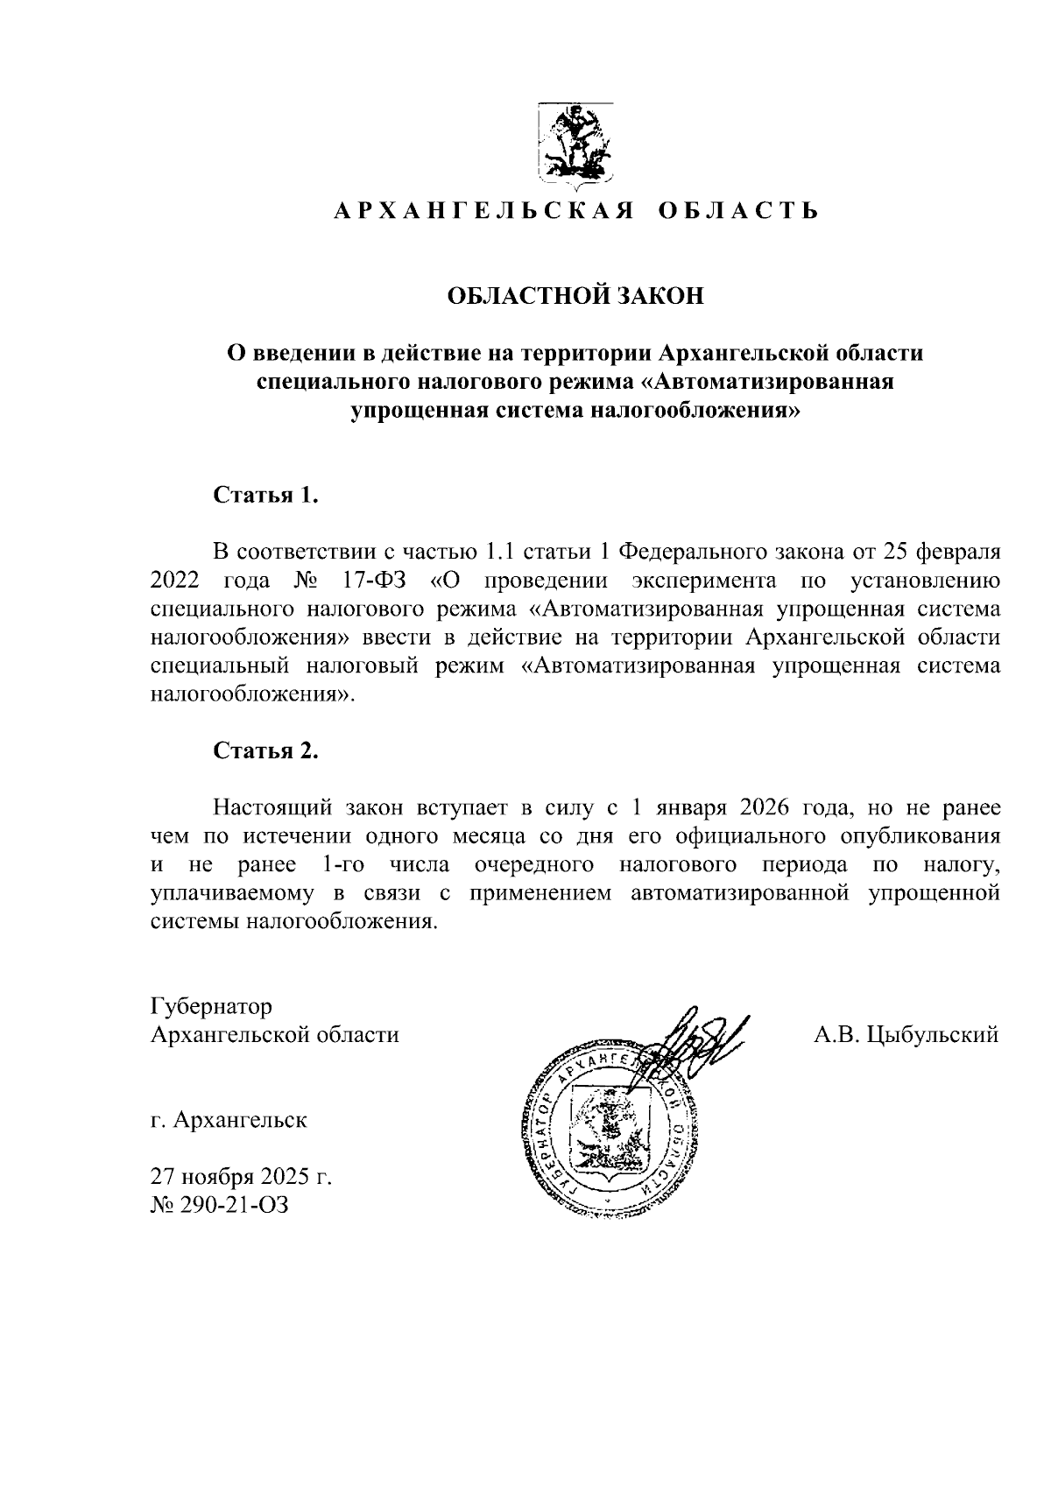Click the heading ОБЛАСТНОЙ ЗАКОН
point(575,296)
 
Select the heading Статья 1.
point(265,496)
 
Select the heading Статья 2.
point(265,750)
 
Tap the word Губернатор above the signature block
point(212,1006)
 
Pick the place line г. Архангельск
point(229,1121)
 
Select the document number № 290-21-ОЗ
point(219,1206)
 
